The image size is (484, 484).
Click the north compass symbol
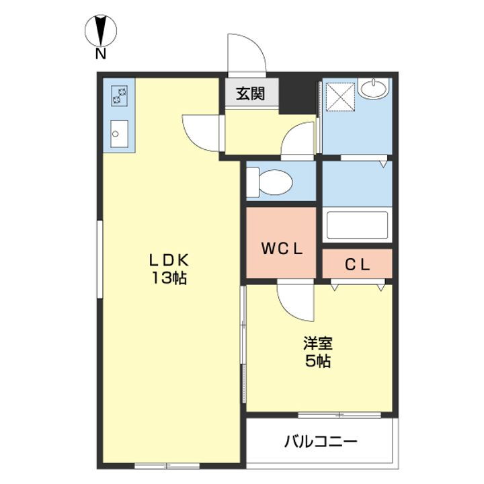[101, 30]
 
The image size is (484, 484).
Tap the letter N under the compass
[101, 54]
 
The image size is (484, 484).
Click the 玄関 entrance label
[250, 93]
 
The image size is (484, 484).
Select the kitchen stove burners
[120, 95]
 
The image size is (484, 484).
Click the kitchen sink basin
[119, 134]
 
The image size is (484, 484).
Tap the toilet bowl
[270, 182]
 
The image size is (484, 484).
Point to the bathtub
[357, 225]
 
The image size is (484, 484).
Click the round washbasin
[374, 89]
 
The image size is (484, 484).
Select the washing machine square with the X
[340, 96]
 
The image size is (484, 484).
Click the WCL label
[282, 249]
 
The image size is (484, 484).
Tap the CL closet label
[357, 265]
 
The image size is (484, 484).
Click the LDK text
[169, 261]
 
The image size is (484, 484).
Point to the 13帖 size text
[169, 278]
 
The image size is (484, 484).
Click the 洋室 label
[318, 344]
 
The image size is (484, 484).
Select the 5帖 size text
[318, 361]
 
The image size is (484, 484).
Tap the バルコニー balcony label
[321, 442]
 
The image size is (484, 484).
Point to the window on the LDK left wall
[99, 259]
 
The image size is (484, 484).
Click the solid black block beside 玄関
[298, 95]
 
